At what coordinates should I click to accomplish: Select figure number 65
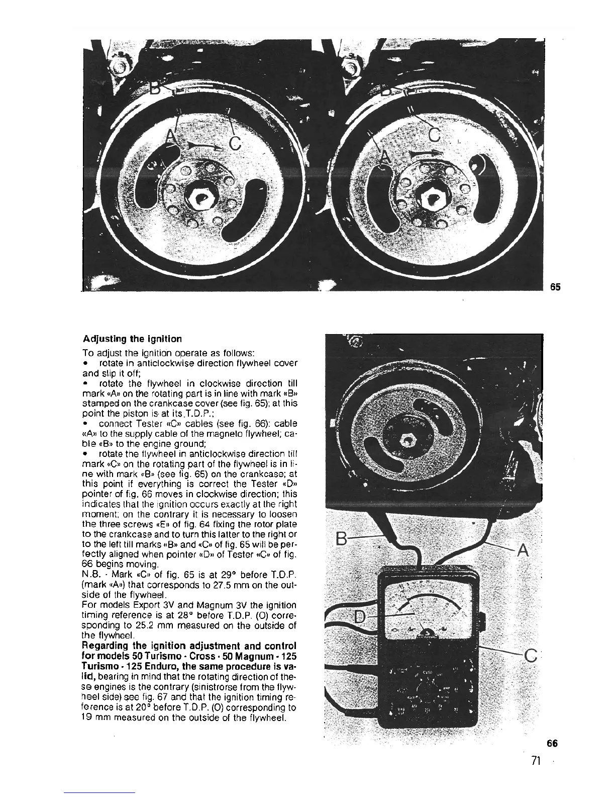(555, 287)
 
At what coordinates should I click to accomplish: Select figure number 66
(552, 742)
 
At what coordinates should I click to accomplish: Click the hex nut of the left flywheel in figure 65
(201, 196)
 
